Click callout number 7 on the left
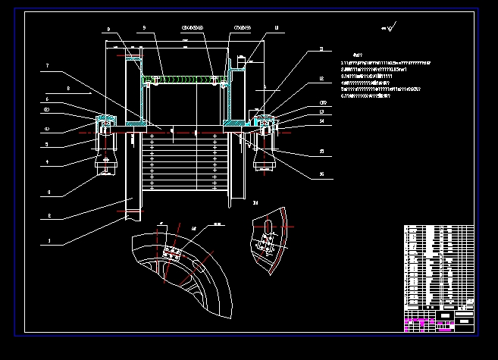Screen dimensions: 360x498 47,67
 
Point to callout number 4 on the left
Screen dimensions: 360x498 47,161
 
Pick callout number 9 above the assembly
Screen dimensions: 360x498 143,28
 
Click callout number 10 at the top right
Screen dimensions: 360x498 277,28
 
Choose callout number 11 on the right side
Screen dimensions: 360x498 321,49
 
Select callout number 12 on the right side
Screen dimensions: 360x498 321,79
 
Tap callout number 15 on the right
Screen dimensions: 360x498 321,152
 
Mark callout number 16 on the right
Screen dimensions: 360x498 321,175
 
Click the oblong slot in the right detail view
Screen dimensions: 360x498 266,227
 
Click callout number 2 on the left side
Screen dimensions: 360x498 47,216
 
